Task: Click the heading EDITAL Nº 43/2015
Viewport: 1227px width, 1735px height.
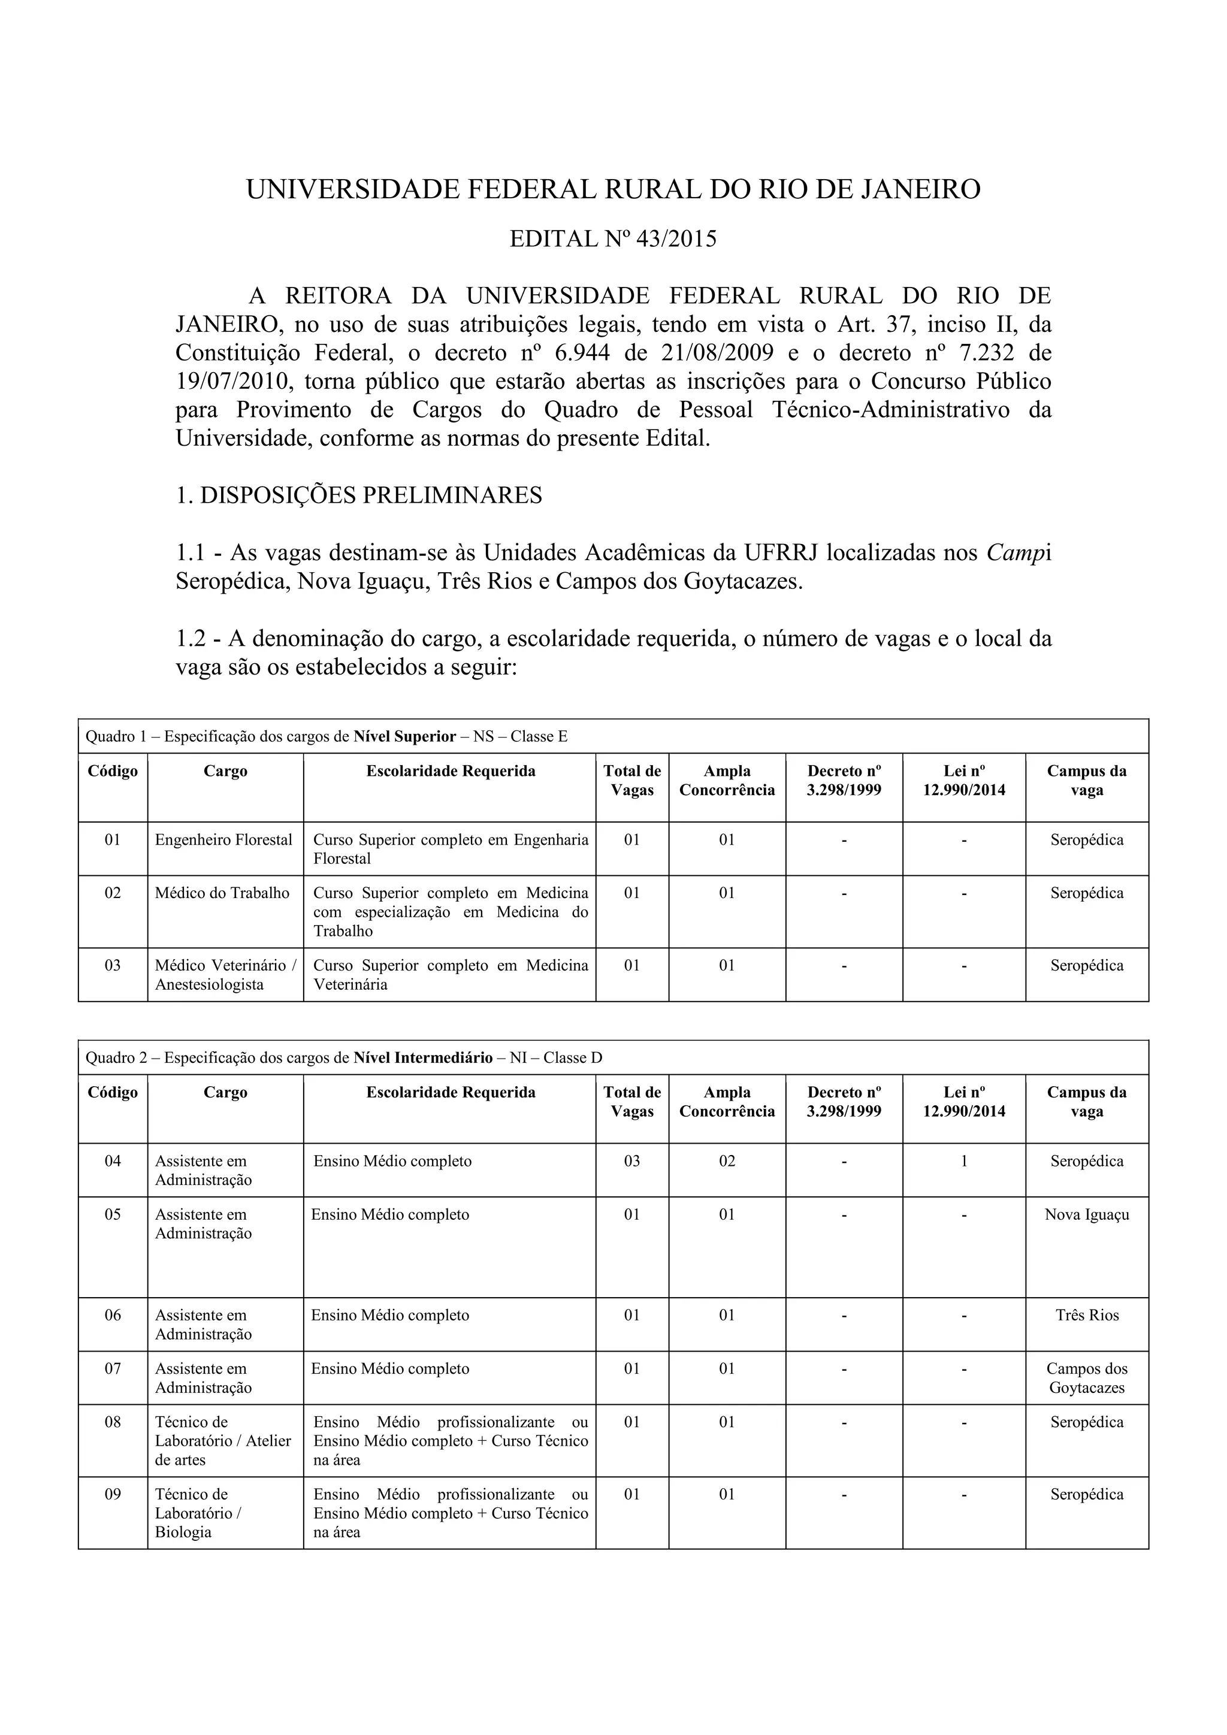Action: (x=613, y=240)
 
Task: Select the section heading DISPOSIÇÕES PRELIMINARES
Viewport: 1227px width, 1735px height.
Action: (x=371, y=495)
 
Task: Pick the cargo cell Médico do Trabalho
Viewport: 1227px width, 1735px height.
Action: (x=222, y=893)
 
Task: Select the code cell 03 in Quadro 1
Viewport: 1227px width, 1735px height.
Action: (x=113, y=966)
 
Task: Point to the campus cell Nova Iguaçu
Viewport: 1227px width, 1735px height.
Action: (x=1086, y=1214)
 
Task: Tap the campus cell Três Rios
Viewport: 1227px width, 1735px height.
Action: (x=1086, y=1315)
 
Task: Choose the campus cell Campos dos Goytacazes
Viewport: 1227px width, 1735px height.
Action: (x=1086, y=1377)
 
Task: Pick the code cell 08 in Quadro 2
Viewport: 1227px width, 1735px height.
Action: (x=113, y=1422)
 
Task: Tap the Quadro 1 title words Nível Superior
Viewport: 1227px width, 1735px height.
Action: (x=405, y=737)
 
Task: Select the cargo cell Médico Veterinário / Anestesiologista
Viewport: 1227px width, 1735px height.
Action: (x=225, y=975)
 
